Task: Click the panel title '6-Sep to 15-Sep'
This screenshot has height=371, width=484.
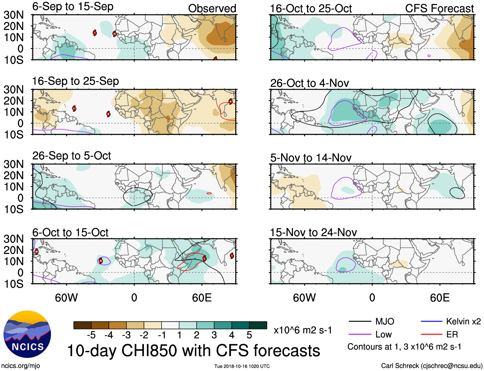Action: [73, 7]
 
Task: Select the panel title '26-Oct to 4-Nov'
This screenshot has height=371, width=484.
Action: [309, 83]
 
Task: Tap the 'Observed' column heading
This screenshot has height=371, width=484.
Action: [212, 8]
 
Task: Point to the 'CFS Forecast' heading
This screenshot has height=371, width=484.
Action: [439, 8]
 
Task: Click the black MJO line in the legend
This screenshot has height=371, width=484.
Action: [360, 321]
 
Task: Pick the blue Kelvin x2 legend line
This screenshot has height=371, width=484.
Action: [431, 321]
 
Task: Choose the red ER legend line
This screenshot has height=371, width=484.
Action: [431, 335]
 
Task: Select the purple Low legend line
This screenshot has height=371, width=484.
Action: [360, 335]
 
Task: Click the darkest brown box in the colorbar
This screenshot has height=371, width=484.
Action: [82, 325]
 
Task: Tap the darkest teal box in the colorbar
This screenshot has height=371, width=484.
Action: [258, 325]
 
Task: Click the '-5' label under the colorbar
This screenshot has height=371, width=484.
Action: [91, 335]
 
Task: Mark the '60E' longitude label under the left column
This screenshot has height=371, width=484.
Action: [202, 298]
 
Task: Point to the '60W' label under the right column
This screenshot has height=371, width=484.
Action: [304, 298]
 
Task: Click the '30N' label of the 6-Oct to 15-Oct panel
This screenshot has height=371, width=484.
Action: [13, 239]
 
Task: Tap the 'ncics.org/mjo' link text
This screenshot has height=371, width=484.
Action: [21, 366]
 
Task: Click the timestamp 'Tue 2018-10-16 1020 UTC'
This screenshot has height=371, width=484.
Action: [242, 366]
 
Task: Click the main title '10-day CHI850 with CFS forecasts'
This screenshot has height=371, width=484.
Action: [194, 351]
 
